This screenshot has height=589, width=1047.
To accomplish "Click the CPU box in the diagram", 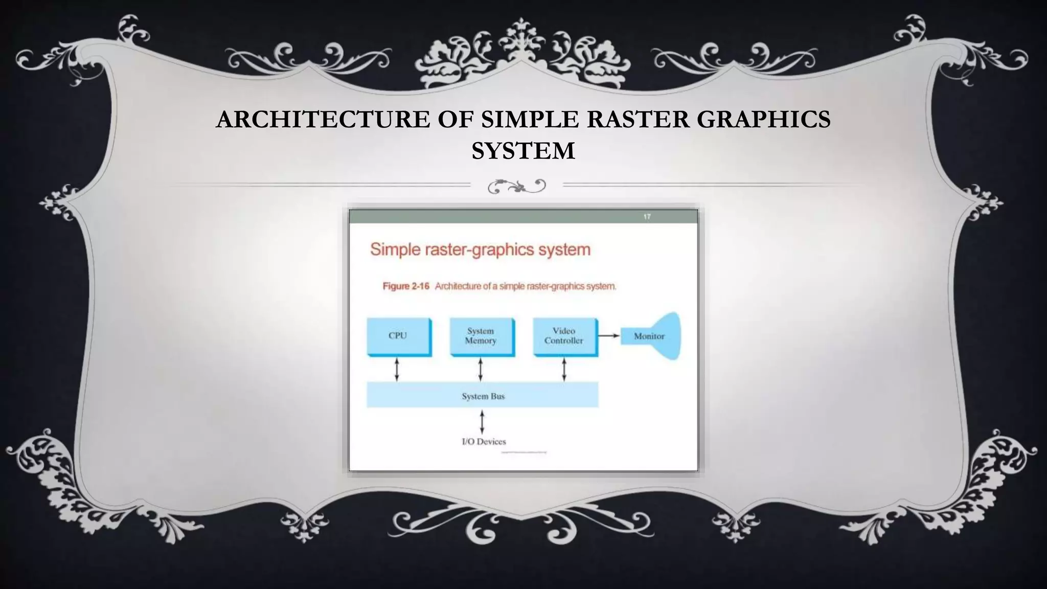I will (398, 336).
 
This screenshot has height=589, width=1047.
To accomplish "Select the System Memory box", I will (481, 336).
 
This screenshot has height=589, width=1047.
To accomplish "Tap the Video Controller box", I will (564, 336).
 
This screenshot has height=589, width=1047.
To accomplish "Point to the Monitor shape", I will (651, 336).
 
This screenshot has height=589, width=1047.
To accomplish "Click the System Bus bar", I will (482, 396).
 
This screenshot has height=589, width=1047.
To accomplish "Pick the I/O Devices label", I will (484, 441).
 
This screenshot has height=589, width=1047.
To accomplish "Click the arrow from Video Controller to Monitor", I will (609, 336).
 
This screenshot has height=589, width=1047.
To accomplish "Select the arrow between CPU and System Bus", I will (397, 370).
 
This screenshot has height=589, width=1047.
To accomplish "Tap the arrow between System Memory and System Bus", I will (481, 370).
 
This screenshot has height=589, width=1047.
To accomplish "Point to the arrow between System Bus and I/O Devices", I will (482, 422).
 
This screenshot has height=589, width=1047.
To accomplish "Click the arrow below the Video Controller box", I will (564, 370).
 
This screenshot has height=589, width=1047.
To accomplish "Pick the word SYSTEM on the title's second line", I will (523, 151).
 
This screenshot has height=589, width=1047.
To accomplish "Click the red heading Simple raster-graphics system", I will (480, 250).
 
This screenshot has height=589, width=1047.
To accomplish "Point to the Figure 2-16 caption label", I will (406, 286).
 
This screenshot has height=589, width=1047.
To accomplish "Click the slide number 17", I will (647, 217).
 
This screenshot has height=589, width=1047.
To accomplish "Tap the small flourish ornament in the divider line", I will (517, 186).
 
